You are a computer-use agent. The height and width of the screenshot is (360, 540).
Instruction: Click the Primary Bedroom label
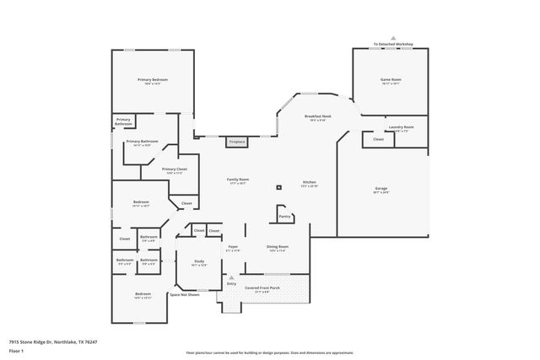tap(153, 79)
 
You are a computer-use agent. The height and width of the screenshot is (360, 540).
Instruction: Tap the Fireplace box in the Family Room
tap(237, 142)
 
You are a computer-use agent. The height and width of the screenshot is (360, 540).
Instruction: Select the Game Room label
tap(389, 79)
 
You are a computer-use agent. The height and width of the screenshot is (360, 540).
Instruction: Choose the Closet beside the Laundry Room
tap(378, 139)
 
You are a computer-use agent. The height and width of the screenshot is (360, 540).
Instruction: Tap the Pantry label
tap(284, 217)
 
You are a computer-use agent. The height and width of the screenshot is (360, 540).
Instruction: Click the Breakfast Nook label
tap(319, 117)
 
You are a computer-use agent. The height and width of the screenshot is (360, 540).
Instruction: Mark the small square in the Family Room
tap(278, 187)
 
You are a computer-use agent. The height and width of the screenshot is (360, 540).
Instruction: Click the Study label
tap(199, 261)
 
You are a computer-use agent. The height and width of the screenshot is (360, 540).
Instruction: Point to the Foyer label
tap(233, 247)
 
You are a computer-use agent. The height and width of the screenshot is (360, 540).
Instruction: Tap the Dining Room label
tap(278, 247)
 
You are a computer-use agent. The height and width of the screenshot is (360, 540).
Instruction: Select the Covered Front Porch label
tap(262, 287)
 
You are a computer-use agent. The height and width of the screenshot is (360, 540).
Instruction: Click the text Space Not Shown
tap(184, 295)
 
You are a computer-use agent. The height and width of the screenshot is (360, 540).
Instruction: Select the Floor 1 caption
tap(17, 350)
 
